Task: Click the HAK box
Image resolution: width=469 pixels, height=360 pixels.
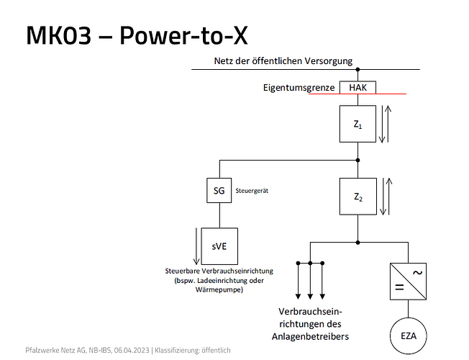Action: click(358, 87)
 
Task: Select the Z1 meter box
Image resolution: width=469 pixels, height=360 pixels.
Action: click(358, 124)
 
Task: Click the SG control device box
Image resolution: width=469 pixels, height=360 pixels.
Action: click(219, 192)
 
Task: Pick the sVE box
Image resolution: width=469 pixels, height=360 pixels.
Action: click(219, 246)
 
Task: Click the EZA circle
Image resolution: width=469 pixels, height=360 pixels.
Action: click(409, 336)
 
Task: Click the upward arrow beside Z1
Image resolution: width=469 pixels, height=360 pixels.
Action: click(388, 124)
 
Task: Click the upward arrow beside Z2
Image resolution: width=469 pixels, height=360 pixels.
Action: click(388, 197)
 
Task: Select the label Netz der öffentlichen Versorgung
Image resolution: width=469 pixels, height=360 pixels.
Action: click(283, 61)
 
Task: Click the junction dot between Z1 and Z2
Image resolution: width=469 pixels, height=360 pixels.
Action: click(358, 160)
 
